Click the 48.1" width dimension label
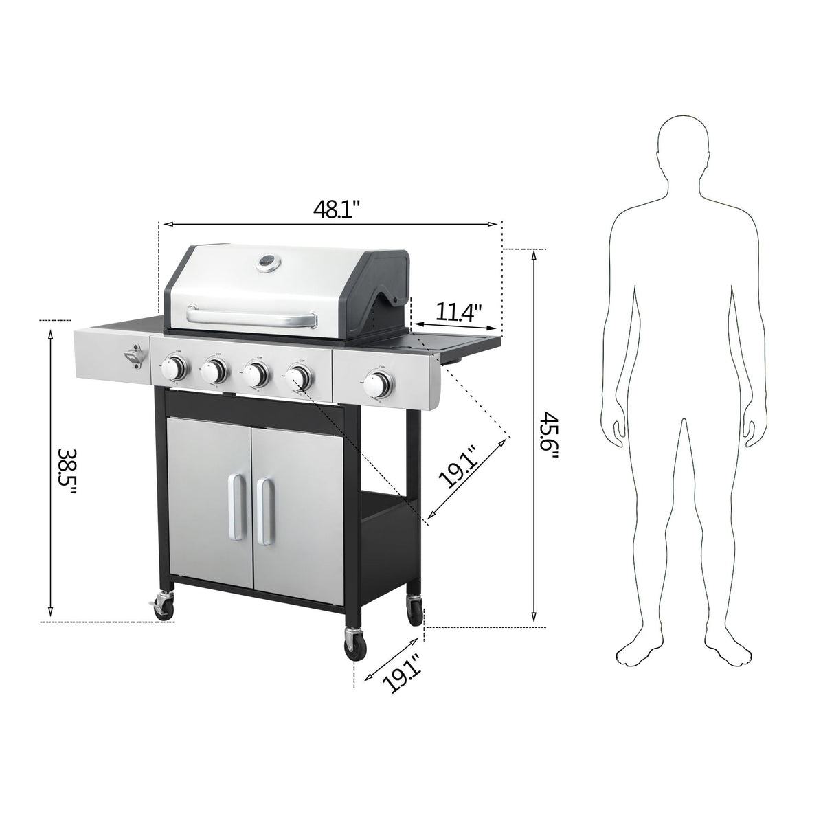(x=333, y=209)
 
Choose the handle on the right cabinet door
(x=264, y=509)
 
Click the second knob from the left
(x=216, y=372)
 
